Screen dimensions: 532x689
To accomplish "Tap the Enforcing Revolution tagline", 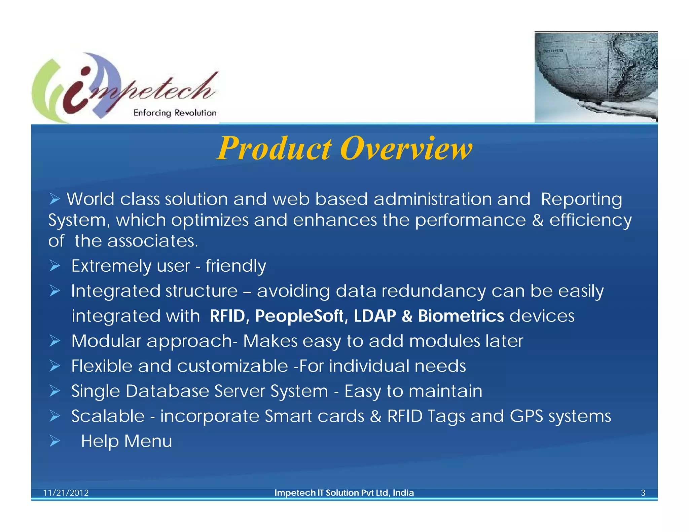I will coord(175,113).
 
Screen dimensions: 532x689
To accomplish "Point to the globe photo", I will coord(595,77).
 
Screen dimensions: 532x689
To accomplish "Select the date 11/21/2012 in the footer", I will coord(66,493).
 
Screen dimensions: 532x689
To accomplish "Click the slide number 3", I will coord(643,493).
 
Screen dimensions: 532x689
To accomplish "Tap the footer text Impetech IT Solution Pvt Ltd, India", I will coord(344,493).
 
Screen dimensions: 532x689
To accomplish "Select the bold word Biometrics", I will coord(461,316).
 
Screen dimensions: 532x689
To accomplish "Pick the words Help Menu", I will coord(126,441).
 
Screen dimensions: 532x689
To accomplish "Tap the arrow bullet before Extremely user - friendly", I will coord(55,266).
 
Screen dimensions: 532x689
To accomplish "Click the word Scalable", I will coord(108,416).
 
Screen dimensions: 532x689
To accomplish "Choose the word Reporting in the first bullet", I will coord(581,199).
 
